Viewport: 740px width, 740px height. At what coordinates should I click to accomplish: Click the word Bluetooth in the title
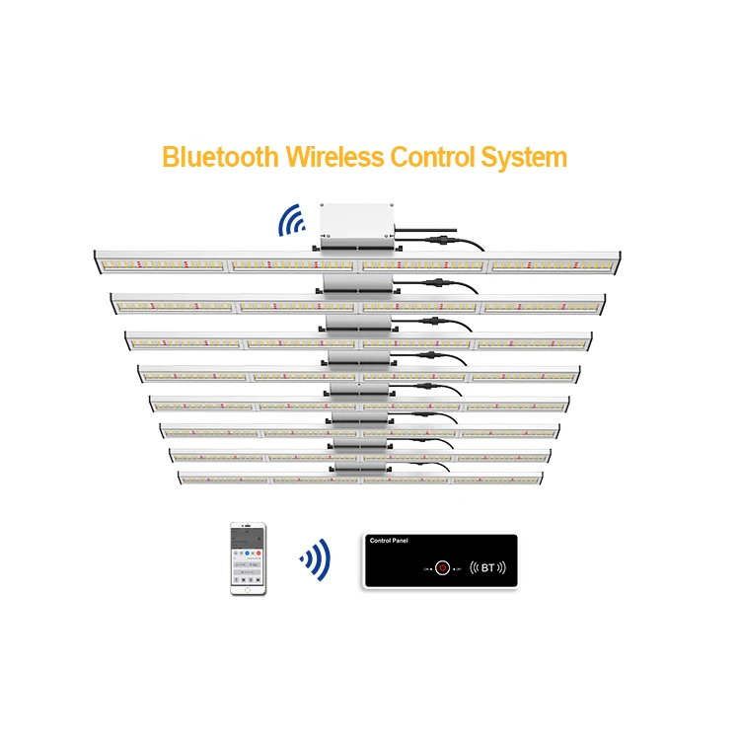click(220, 157)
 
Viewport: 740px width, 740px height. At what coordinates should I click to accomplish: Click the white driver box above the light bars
click(356, 223)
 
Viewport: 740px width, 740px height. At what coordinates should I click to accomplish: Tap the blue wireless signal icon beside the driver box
click(290, 222)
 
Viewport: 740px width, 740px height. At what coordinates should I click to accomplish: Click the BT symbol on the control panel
click(487, 567)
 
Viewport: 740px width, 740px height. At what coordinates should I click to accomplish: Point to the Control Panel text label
click(388, 542)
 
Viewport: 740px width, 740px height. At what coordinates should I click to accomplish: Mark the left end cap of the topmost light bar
click(96, 260)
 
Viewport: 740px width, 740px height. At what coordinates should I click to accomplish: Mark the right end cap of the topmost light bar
click(629, 260)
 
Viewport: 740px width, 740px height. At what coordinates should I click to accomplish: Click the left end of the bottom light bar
click(181, 477)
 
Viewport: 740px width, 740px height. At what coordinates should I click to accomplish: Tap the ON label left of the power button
click(428, 569)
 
